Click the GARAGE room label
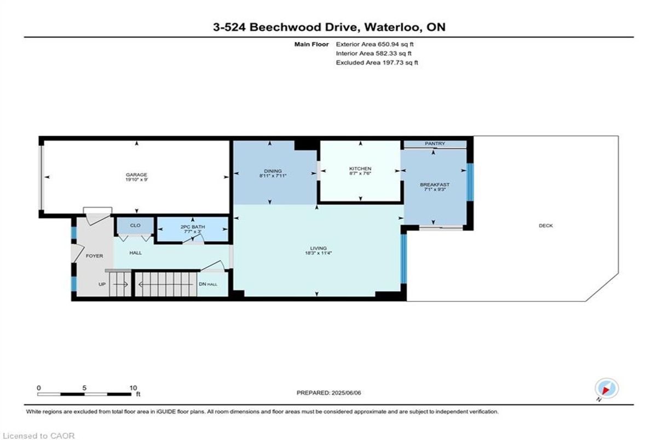136,175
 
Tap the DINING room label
273,171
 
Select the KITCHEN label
360,169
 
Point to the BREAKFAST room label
435,185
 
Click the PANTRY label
435,143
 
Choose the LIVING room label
318,248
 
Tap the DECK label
546,226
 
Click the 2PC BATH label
193,227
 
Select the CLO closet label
135,225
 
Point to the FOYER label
94,256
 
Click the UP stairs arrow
120,284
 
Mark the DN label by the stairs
203,284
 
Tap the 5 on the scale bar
84,388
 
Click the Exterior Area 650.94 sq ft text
374,44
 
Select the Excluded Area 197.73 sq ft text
377,62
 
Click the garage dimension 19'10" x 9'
136,179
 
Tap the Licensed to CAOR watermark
38,436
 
